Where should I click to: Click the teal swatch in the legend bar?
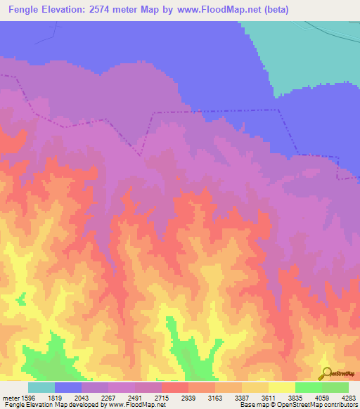coord(41,387)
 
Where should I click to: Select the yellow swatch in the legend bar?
coord(281,387)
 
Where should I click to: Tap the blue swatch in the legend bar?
coord(68,387)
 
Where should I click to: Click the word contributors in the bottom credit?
coord(339,405)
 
